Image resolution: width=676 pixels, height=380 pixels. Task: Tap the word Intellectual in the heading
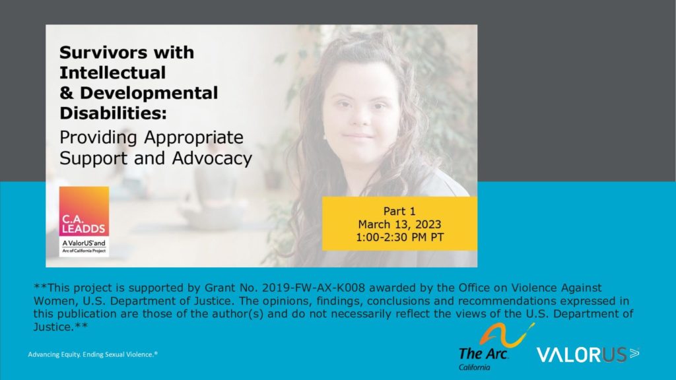point(112,73)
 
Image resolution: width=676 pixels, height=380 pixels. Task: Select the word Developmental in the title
point(149,94)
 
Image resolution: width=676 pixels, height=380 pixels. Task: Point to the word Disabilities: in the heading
point(113,113)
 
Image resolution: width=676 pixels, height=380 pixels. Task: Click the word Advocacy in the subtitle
point(212,158)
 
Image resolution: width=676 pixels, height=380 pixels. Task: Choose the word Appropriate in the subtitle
point(193,138)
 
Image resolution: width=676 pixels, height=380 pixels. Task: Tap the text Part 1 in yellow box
point(399,211)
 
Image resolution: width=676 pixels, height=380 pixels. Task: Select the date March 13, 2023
point(399,224)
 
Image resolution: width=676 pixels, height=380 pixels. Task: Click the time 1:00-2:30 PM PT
point(399,237)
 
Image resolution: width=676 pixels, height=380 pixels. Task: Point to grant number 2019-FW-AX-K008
point(314,288)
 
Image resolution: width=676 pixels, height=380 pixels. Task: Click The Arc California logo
point(496,347)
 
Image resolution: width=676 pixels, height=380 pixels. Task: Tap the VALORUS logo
point(588,354)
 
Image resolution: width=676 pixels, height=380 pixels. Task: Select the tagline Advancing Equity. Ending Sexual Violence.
point(92,354)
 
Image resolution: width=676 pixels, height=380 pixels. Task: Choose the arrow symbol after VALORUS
point(634,354)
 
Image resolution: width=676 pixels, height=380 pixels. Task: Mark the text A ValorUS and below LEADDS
point(84,243)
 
